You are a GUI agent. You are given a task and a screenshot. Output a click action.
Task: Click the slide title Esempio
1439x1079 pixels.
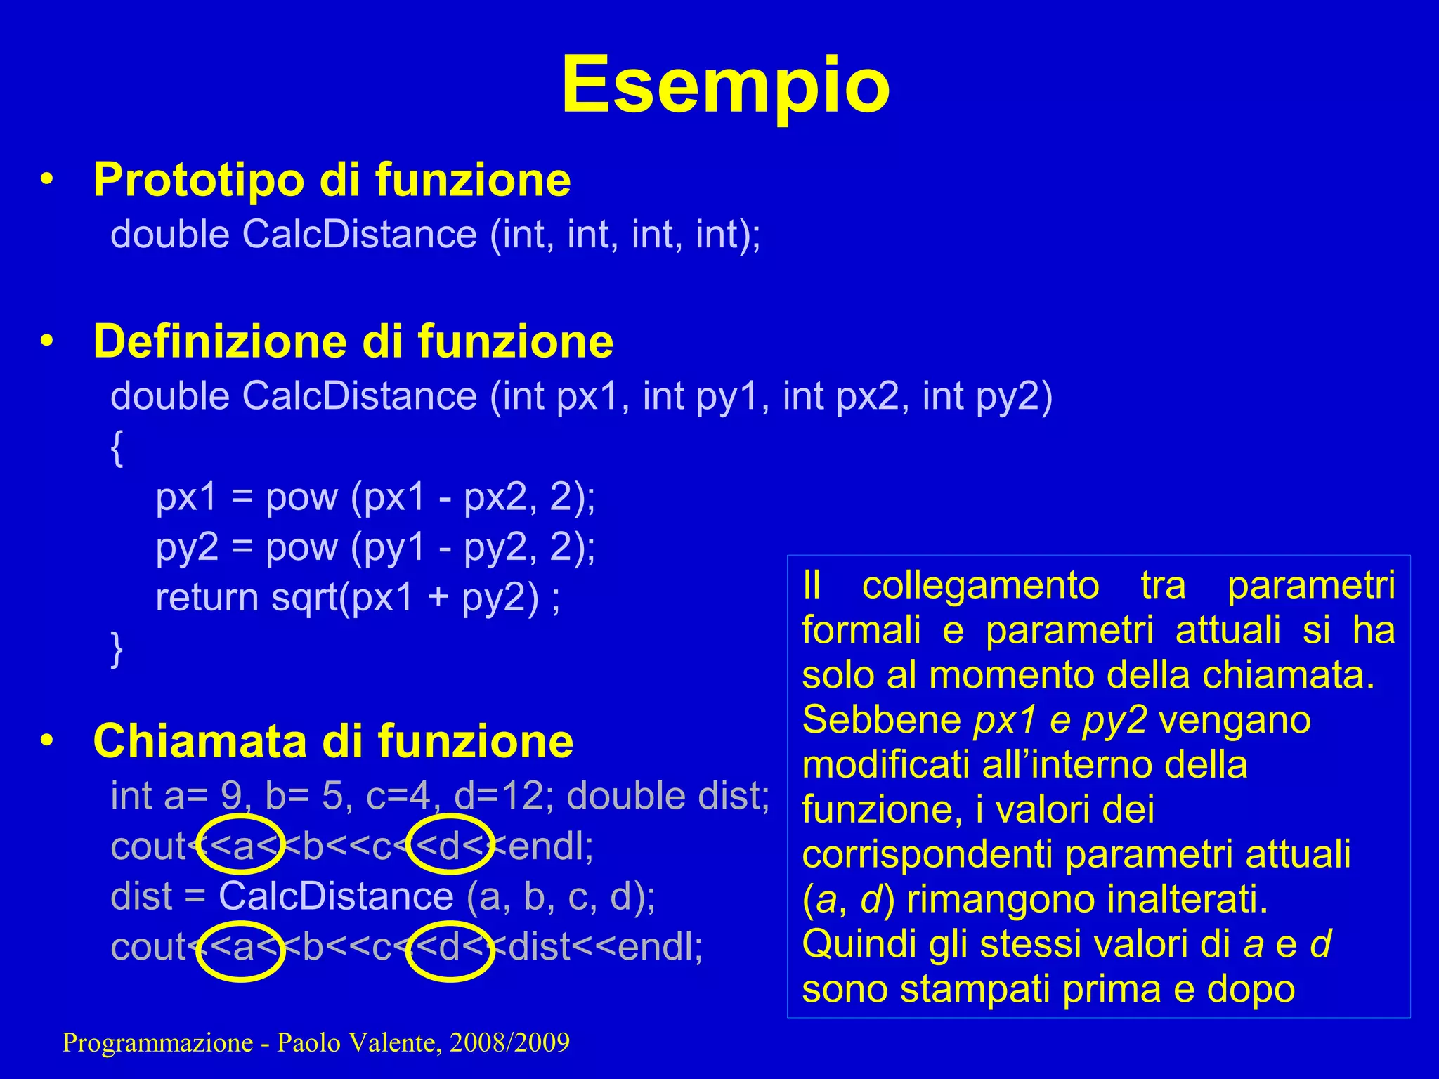[725, 86]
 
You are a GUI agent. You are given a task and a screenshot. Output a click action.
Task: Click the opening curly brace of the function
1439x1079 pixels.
[117, 448]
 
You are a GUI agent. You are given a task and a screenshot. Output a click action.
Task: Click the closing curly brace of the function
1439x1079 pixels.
[117, 649]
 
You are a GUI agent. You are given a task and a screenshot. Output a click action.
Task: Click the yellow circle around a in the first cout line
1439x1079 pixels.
[241, 844]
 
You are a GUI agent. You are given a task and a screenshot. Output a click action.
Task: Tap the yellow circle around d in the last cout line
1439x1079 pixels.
[450, 950]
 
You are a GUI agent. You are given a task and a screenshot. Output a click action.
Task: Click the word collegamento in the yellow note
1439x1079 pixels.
[980, 587]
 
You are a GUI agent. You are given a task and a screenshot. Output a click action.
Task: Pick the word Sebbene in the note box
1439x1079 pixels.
[882, 720]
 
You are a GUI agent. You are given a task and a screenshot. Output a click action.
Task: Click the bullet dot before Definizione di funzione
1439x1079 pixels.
[47, 341]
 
